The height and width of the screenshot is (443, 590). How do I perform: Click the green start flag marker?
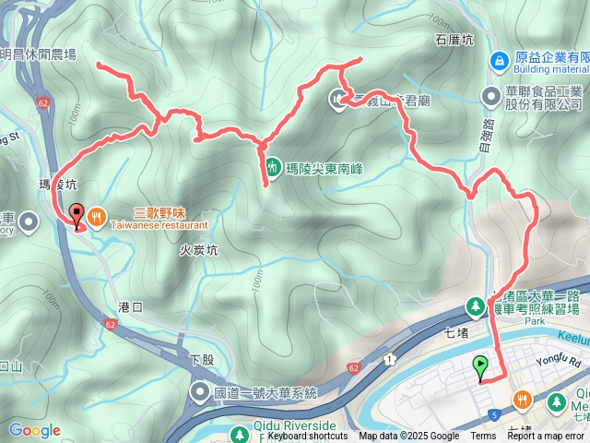(481, 367)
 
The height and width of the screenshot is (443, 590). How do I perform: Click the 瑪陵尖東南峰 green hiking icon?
(273, 167)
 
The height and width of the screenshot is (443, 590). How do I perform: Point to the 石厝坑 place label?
(453, 41)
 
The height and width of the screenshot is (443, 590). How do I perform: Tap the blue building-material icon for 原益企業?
(499, 60)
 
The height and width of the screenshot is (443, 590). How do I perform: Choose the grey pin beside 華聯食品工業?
(491, 96)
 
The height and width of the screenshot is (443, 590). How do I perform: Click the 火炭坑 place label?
(198, 250)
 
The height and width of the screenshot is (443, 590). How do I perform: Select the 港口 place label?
(132, 306)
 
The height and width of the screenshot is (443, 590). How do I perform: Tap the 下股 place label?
(201, 359)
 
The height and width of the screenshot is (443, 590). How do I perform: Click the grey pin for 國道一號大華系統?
(200, 393)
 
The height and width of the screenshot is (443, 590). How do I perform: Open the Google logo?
(34, 430)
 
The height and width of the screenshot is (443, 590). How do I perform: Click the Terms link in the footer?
(483, 437)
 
